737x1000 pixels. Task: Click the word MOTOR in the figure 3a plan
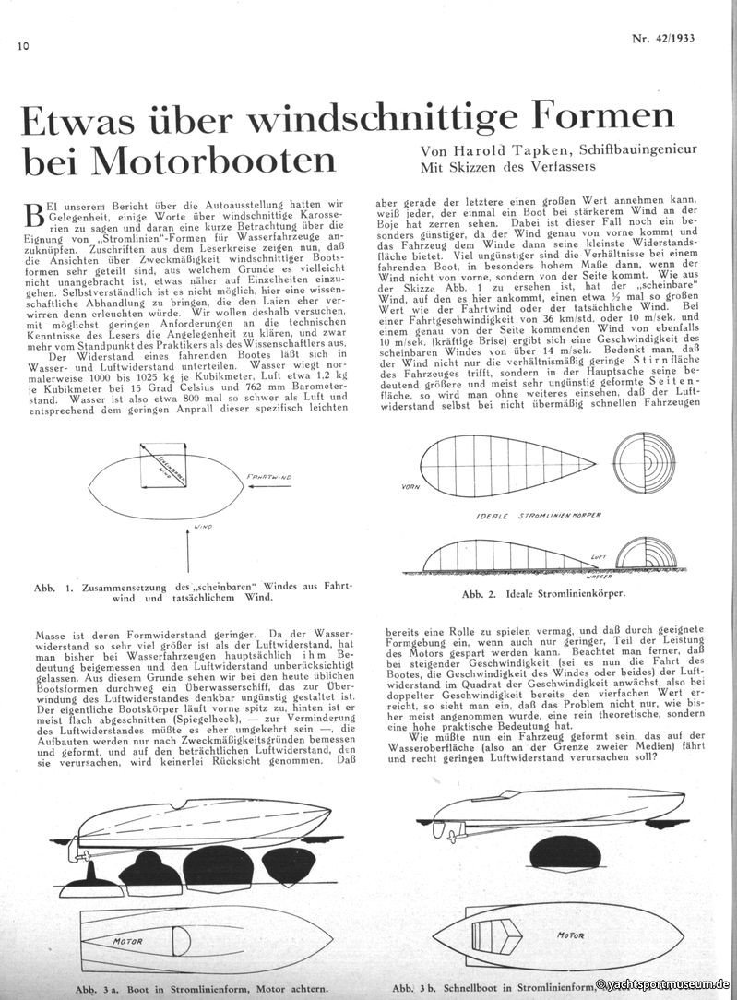[x=130, y=943]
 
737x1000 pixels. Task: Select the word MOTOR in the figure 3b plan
[x=571, y=935]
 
